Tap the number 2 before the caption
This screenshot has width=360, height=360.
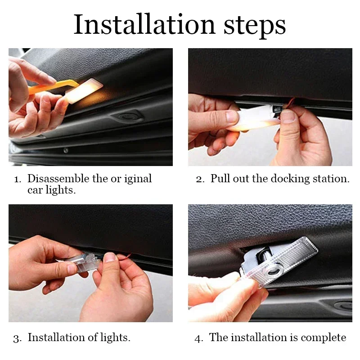[199, 179]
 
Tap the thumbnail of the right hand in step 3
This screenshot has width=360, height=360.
[110, 257]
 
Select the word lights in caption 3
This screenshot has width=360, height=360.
[115, 337]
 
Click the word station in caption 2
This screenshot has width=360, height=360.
[331, 179]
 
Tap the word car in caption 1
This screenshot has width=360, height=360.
[35, 190]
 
